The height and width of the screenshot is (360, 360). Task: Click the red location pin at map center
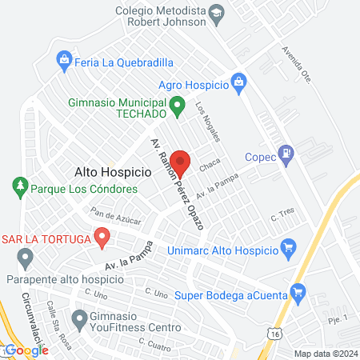[x=180, y=162]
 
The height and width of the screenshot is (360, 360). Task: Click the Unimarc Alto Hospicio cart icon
[x=290, y=249]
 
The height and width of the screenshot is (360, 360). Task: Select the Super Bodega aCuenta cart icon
[x=299, y=290]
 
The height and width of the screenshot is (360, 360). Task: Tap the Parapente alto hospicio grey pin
[x=25, y=259]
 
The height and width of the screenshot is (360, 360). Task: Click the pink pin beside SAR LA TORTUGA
[x=102, y=237]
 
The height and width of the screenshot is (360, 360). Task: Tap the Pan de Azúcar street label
[x=116, y=216]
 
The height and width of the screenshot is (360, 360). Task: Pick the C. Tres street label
[x=284, y=214]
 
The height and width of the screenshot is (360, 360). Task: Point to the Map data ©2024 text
[x=324, y=353]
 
